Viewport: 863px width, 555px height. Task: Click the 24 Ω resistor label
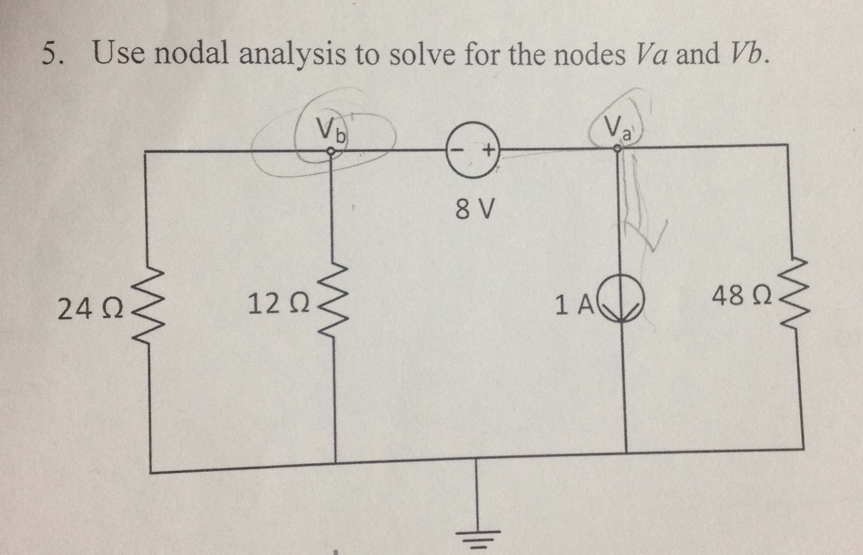click(91, 309)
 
